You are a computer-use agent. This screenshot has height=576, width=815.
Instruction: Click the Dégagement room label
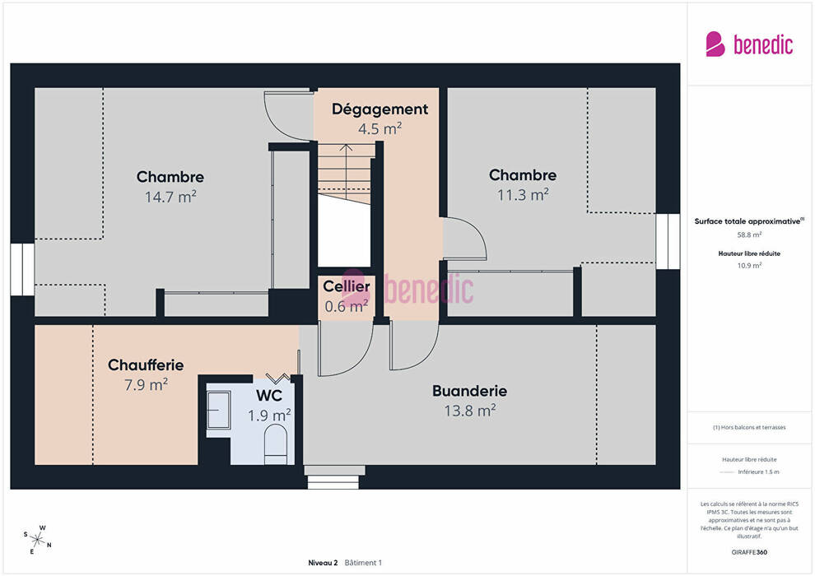point(380,109)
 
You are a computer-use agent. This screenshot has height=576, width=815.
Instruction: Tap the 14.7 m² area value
point(170,197)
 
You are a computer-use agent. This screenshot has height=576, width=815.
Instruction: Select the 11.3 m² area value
point(523,195)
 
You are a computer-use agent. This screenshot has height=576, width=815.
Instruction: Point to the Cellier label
point(347,286)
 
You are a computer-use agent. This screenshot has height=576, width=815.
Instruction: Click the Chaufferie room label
point(146,365)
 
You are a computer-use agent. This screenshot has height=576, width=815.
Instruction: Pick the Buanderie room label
point(470,391)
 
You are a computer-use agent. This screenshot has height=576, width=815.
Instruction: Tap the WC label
point(268,396)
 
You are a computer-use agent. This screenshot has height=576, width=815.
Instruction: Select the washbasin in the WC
point(218,411)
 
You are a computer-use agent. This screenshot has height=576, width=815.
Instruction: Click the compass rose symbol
point(37,540)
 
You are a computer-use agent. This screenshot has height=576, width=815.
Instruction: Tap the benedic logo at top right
point(749,44)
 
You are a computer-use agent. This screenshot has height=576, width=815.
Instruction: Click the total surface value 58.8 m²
point(749,235)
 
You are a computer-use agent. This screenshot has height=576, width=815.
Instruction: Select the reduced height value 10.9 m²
point(749,266)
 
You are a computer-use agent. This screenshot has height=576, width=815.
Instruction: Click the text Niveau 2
point(323,563)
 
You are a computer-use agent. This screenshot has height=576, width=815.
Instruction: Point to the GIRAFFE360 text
point(749,552)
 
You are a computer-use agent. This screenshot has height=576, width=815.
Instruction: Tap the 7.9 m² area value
point(146,385)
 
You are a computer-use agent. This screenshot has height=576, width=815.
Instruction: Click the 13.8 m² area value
point(470,411)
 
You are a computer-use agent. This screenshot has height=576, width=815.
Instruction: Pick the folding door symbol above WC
point(278,379)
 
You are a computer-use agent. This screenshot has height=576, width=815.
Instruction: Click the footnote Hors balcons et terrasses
point(749,427)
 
